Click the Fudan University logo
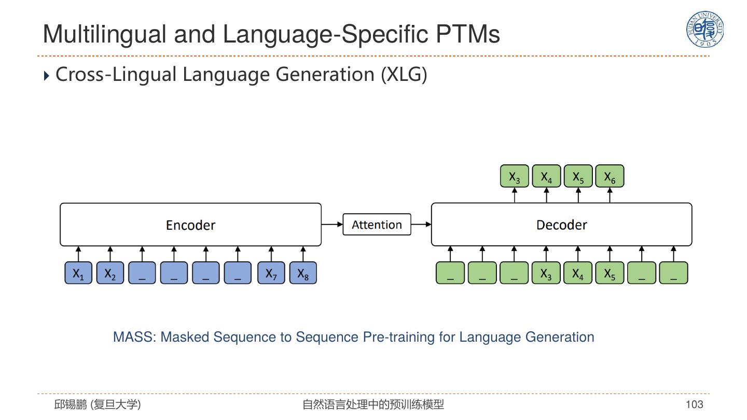click(x=705, y=30)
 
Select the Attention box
click(x=377, y=225)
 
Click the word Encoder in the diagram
click(x=190, y=225)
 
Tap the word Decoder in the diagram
click(x=561, y=225)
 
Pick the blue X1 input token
click(x=78, y=273)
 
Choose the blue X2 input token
click(x=110, y=273)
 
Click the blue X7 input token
click(x=271, y=273)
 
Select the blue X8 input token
click(x=303, y=273)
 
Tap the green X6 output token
click(x=610, y=177)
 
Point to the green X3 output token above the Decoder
click(x=514, y=177)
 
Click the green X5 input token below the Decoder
click(x=610, y=273)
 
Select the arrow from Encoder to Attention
click(x=332, y=225)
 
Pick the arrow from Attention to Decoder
click(x=421, y=225)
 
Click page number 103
click(x=694, y=404)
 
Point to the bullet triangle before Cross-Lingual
click(x=46, y=76)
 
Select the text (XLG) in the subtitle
click(x=404, y=75)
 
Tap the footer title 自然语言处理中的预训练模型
click(x=373, y=404)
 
